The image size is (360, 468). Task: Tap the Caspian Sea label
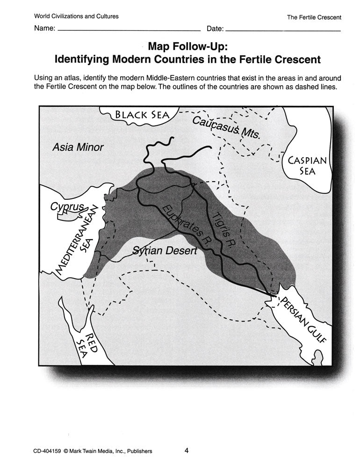(x=308, y=165)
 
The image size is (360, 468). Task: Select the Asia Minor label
(x=78, y=147)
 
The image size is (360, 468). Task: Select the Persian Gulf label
(x=302, y=319)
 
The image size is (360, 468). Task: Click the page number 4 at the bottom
(x=186, y=451)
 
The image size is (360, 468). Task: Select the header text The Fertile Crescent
(x=314, y=17)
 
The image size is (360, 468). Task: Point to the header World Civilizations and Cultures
(x=76, y=16)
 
